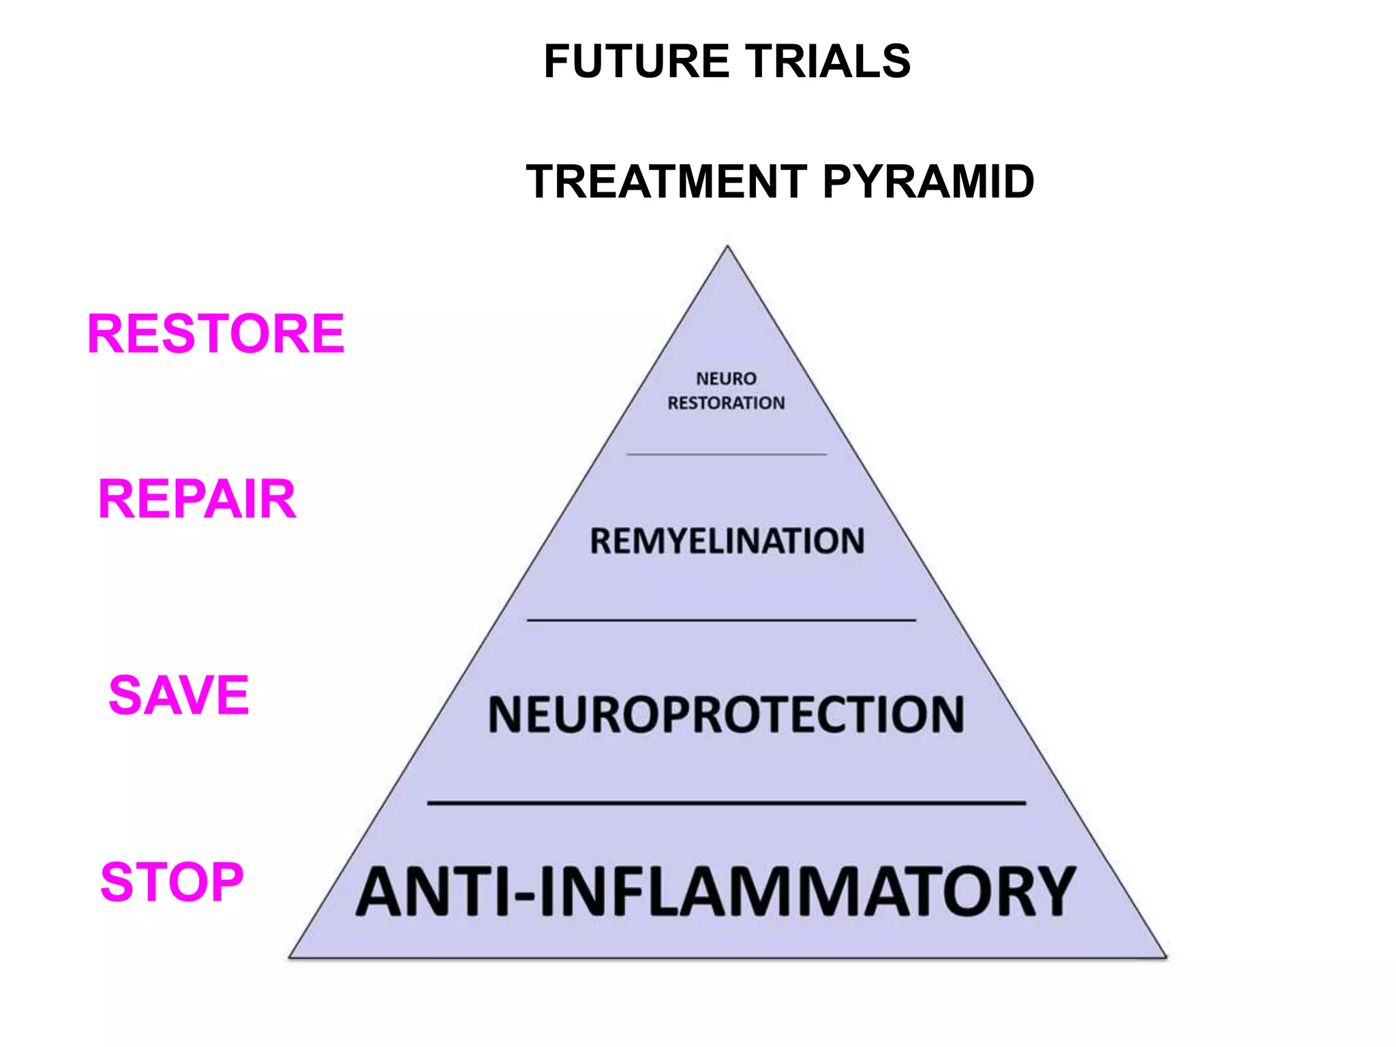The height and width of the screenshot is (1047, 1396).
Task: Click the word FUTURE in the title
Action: coord(636,61)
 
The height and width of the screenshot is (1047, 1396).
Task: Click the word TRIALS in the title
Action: coord(827,61)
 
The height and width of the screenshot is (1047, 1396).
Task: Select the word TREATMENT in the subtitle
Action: coord(667,182)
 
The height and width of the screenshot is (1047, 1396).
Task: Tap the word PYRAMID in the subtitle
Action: coord(928,182)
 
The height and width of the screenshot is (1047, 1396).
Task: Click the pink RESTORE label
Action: coord(216,333)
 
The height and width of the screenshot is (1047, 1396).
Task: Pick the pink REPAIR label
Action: coord(197,499)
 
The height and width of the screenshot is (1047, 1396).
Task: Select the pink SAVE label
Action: coord(179,695)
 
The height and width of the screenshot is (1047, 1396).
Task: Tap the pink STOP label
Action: coord(172,882)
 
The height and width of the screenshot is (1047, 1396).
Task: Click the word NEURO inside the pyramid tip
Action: coord(726,378)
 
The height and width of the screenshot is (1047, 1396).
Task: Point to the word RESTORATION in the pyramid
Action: coord(726,403)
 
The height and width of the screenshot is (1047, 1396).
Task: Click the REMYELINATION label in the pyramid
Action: coord(727,541)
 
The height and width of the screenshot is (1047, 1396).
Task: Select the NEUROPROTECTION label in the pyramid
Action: coord(726,714)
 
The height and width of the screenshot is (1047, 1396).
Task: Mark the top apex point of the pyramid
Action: coord(727,247)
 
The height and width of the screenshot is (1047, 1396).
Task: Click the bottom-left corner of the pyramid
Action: coord(290,956)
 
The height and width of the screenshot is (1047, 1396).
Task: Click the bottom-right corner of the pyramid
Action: coord(1165,956)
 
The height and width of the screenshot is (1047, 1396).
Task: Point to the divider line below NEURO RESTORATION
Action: coord(727,454)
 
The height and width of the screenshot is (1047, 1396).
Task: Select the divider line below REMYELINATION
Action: coord(721,620)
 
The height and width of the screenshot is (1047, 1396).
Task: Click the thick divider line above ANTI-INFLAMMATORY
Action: coord(727,803)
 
